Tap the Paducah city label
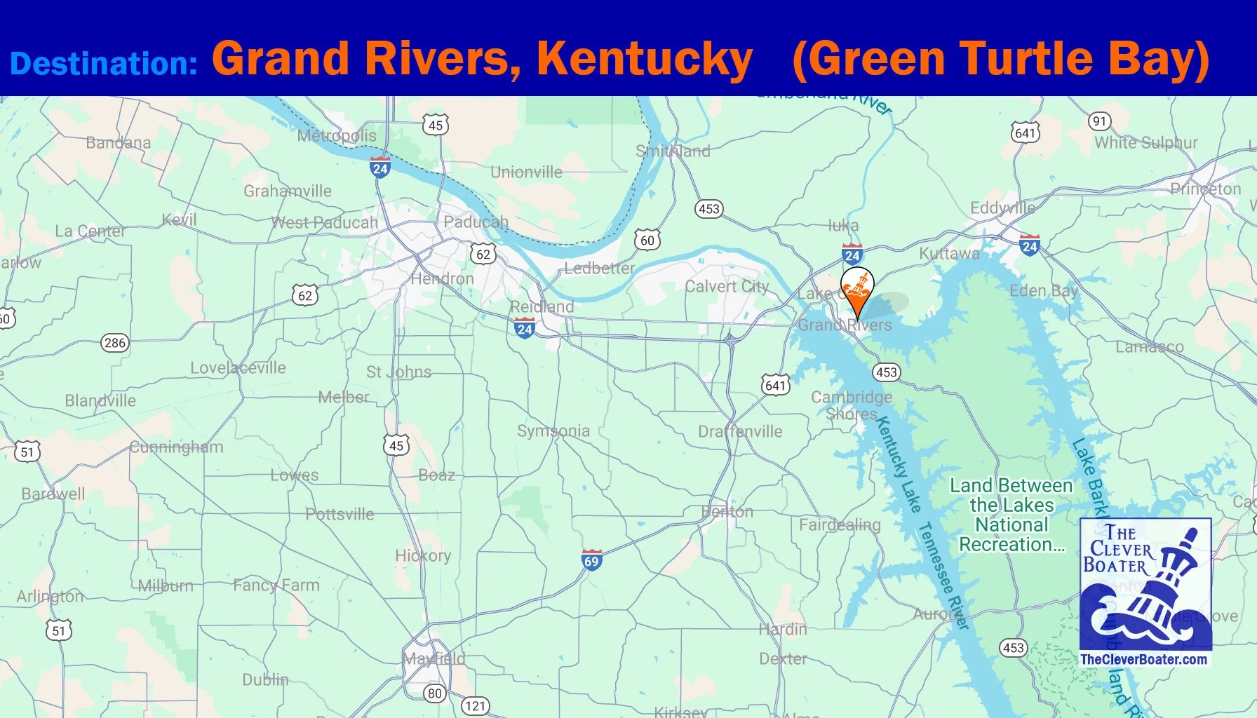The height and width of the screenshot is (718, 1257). click(476, 222)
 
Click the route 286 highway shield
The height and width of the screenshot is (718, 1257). click(115, 343)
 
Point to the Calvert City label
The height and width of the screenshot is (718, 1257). click(727, 286)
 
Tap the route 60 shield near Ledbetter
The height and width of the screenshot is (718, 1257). click(647, 241)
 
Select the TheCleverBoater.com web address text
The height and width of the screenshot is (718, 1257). click(1143, 659)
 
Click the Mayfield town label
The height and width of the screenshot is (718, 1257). click(434, 658)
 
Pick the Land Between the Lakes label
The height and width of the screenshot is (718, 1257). click(1011, 515)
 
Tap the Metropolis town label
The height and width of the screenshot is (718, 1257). click(337, 135)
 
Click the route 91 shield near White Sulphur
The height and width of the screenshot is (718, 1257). click(1099, 121)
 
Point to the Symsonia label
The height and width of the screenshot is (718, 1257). click(553, 431)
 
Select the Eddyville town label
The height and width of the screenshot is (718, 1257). click(1002, 208)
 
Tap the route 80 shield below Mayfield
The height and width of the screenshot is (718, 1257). click(435, 693)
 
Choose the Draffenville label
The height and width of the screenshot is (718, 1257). click(740, 431)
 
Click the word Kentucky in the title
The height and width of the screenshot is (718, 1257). click(645, 58)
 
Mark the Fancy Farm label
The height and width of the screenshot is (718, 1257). click(276, 585)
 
